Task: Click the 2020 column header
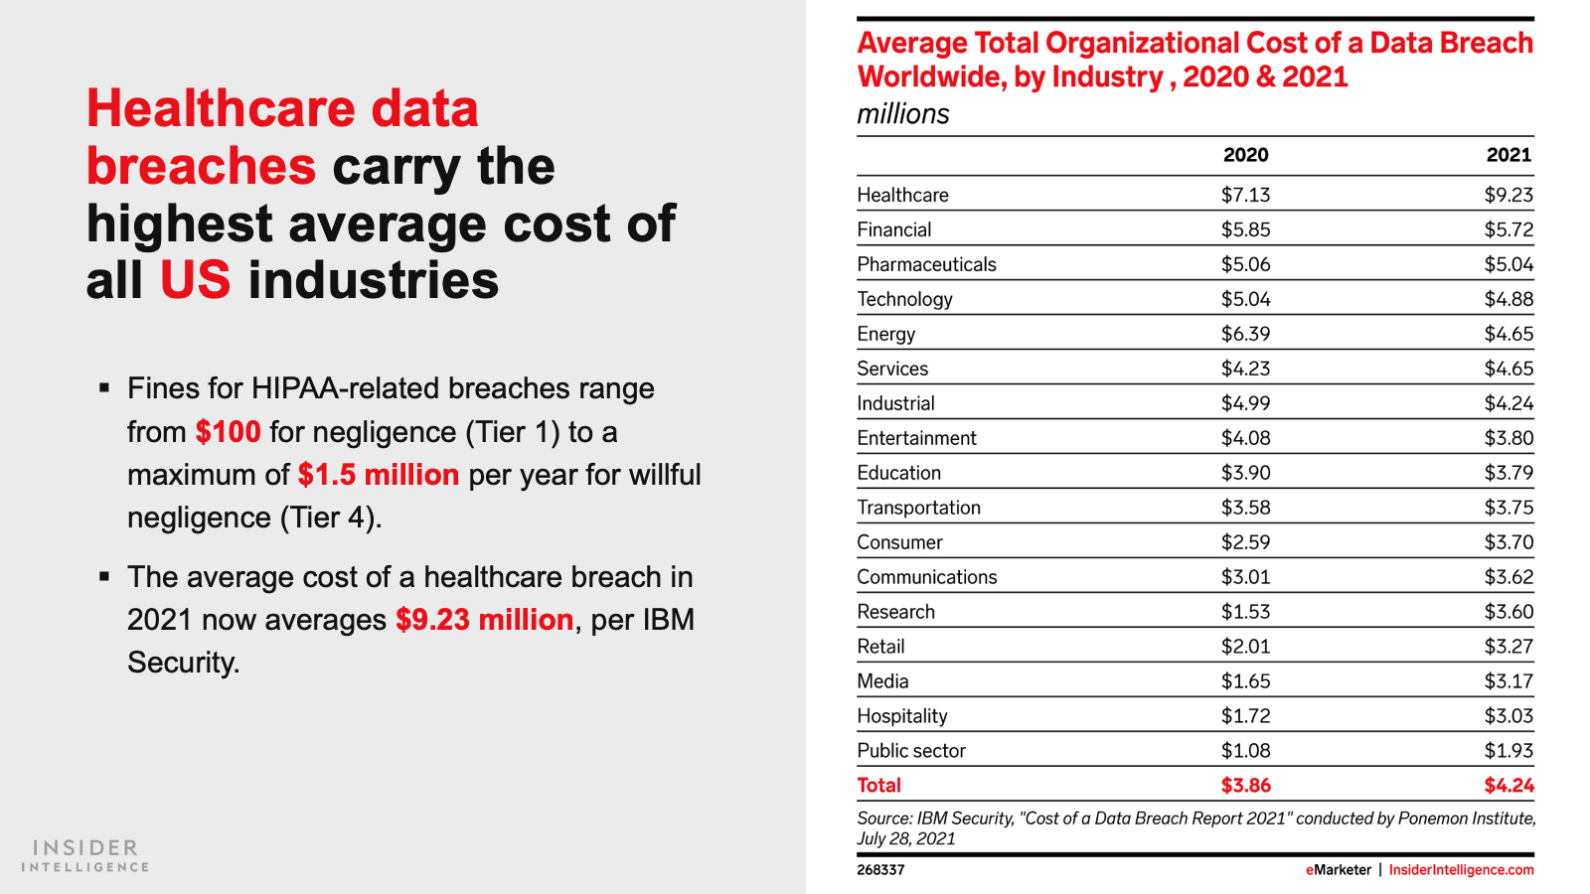(1246, 155)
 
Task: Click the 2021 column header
(1510, 155)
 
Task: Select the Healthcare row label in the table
(903, 195)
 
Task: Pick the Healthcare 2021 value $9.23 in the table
(1509, 195)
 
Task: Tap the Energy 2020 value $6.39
(1246, 334)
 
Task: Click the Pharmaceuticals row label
(927, 264)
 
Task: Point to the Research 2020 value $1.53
(1246, 612)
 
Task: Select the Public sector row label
(911, 751)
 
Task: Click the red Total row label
(878, 786)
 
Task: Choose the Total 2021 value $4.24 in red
(1510, 786)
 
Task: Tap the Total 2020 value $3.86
(1246, 786)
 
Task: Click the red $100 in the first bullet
(228, 432)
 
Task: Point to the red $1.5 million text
(379, 475)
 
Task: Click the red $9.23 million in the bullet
(485, 620)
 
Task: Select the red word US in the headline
(195, 279)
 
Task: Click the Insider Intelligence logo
(85, 855)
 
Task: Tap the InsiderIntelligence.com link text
(1462, 870)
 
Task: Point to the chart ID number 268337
(880, 870)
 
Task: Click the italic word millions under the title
(903, 114)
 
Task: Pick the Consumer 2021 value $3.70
(1510, 542)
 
